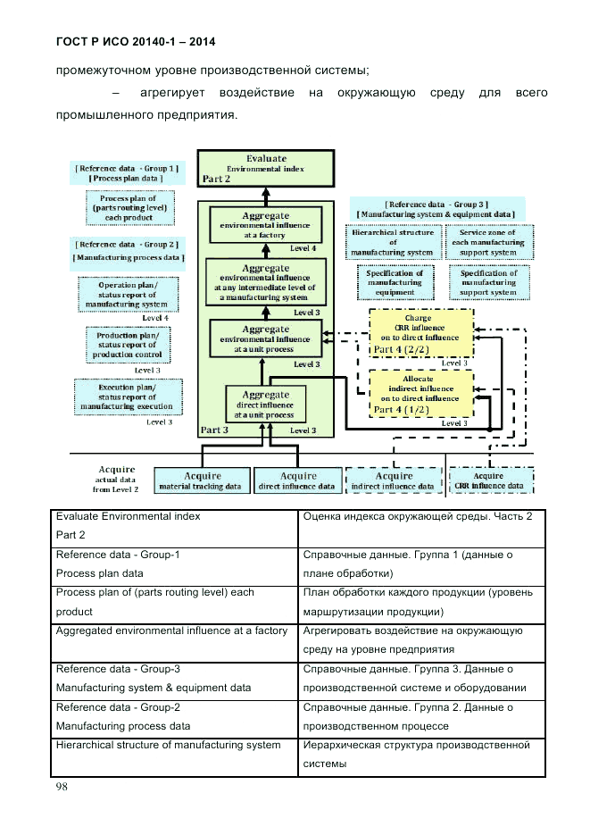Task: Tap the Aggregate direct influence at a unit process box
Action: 265,405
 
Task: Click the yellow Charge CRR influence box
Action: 420,332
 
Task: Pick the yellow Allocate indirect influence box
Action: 420,395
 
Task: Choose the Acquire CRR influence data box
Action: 492,480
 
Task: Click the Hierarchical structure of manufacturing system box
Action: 391,242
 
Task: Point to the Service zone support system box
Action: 488,242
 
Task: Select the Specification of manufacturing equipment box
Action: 395,282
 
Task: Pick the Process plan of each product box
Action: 128,208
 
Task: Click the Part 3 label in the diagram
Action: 215,430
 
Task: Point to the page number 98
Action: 62,787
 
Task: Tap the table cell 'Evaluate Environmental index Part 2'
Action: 177,526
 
